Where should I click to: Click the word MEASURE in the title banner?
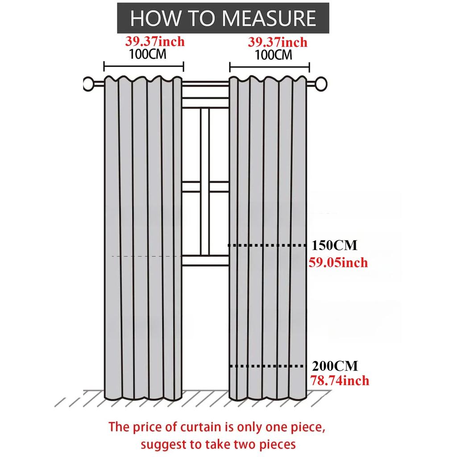[x=269, y=18]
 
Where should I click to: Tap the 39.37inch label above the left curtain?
[x=155, y=42]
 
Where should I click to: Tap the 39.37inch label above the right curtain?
[x=278, y=42]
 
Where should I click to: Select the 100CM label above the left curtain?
[x=147, y=54]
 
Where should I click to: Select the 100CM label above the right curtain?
[x=274, y=55]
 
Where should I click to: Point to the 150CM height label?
[x=334, y=245]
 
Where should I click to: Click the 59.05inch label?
[x=338, y=262]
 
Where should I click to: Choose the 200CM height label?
[x=335, y=366]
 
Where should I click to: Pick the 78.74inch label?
[x=340, y=381]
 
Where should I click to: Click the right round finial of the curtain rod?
[x=321, y=84]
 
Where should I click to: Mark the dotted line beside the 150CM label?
[x=267, y=246]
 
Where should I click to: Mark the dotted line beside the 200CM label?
[x=267, y=366]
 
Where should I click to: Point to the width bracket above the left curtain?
[x=144, y=66]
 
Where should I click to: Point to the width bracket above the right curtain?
[x=270, y=67]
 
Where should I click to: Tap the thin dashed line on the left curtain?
[x=146, y=256]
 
